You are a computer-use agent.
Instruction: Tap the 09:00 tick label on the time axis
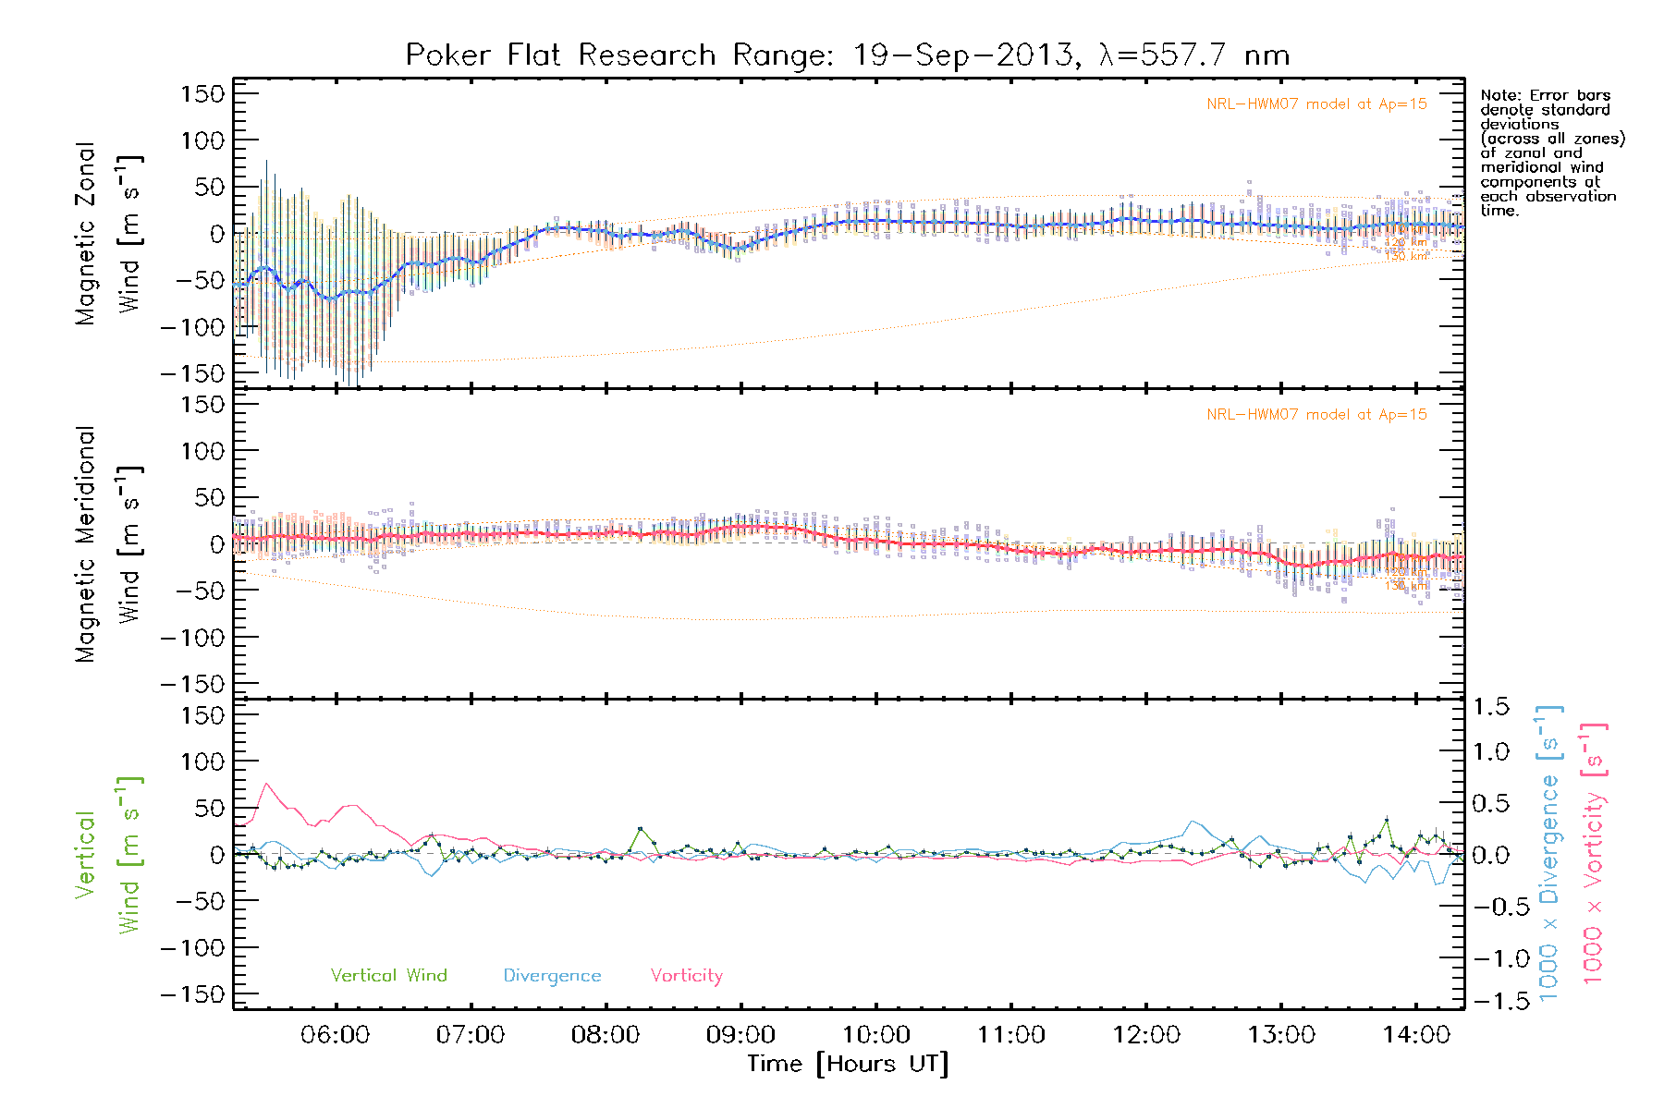pyautogui.click(x=740, y=1035)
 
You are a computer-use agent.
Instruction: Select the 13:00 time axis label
pyautogui.click(x=1281, y=1035)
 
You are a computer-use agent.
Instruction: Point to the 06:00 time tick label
pyautogui.click(x=335, y=1035)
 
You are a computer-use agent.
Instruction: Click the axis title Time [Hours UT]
pyautogui.click(x=848, y=1064)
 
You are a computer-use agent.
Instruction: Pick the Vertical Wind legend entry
pyautogui.click(x=388, y=975)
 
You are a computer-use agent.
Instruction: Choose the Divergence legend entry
pyautogui.click(x=552, y=975)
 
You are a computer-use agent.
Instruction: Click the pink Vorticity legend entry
pyautogui.click(x=686, y=975)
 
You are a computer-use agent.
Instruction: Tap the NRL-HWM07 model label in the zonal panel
pyautogui.click(x=1316, y=104)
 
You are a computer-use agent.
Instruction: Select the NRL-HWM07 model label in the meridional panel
pyautogui.click(x=1316, y=415)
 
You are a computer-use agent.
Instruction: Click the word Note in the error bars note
pyautogui.click(x=1499, y=95)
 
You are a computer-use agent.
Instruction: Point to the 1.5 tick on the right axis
pyautogui.click(x=1490, y=707)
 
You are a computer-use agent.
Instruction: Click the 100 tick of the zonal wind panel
pyautogui.click(x=202, y=140)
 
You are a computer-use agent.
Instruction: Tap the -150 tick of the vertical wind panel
pyautogui.click(x=193, y=994)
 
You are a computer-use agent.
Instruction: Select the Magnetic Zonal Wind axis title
pyautogui.click(x=108, y=234)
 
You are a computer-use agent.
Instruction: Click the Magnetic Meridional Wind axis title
pyautogui.click(x=108, y=544)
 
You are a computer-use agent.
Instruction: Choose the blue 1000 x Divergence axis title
pyautogui.click(x=1548, y=853)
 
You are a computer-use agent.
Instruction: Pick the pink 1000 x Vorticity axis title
pyautogui.click(x=1593, y=853)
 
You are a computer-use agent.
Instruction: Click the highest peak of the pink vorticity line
pyautogui.click(x=267, y=784)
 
